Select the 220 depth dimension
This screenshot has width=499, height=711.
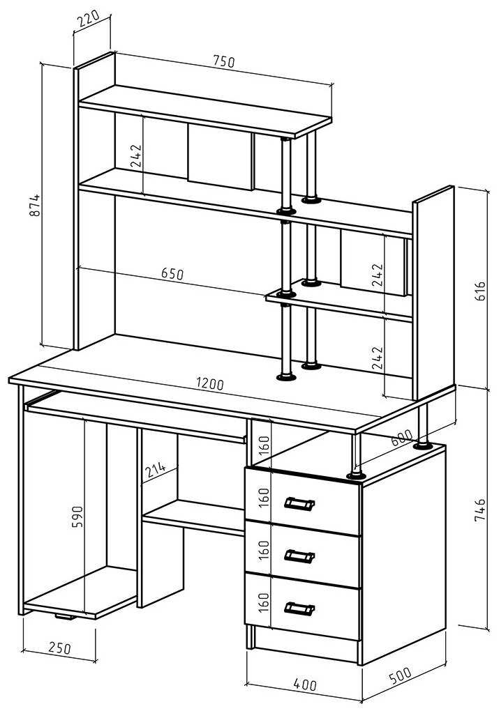[89, 21]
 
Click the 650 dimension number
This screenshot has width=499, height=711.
[172, 273]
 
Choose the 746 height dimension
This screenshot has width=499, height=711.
[479, 512]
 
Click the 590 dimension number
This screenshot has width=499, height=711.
[77, 517]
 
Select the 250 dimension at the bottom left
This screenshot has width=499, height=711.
[59, 648]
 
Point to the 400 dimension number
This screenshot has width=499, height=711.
[304, 684]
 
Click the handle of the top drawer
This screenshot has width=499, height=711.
[299, 503]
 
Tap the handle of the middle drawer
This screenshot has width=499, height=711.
[299, 556]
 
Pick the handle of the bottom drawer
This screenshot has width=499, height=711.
[299, 609]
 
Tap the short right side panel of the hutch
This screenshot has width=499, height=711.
[433, 293]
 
